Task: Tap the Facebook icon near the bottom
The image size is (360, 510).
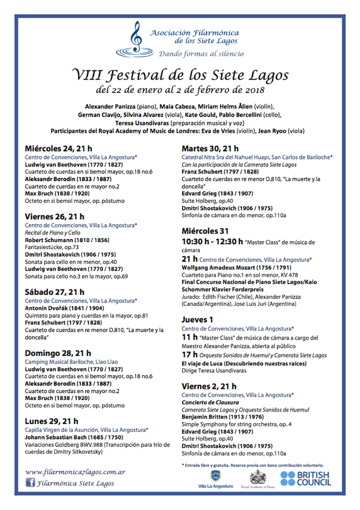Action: point(31,483)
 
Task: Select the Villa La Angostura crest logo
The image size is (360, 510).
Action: point(215,477)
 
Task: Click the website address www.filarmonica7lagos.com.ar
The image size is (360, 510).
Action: point(75,471)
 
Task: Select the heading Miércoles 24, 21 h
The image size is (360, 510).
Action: point(58,149)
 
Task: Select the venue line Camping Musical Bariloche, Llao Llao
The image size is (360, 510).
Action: point(72,362)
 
